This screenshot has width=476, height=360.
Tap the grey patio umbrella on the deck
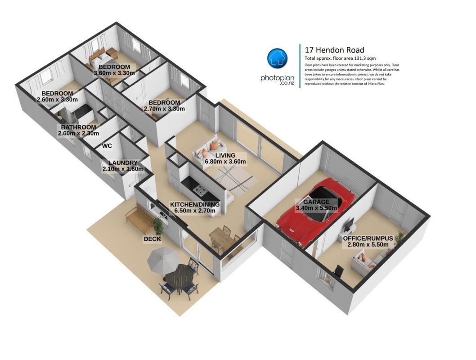click(x=163, y=260)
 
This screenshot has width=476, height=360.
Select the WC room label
click(x=107, y=146)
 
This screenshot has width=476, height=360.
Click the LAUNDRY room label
click(x=123, y=163)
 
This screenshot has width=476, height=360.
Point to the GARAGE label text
click(x=316, y=202)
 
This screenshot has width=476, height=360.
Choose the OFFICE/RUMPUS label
click(x=368, y=238)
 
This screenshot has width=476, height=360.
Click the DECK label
click(x=152, y=239)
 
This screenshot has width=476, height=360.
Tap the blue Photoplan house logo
click(x=277, y=58)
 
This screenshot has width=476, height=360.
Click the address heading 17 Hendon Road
click(x=335, y=50)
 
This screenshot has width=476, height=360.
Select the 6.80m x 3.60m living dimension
click(x=225, y=162)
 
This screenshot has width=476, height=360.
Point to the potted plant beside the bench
click(x=158, y=225)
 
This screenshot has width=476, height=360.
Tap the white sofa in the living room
click(x=208, y=151)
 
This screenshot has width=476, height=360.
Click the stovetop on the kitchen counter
click(x=201, y=191)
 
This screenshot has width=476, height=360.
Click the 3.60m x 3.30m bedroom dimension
click(x=114, y=73)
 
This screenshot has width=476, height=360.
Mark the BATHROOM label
click(x=78, y=127)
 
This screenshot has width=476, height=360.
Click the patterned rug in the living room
click(x=234, y=180)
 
